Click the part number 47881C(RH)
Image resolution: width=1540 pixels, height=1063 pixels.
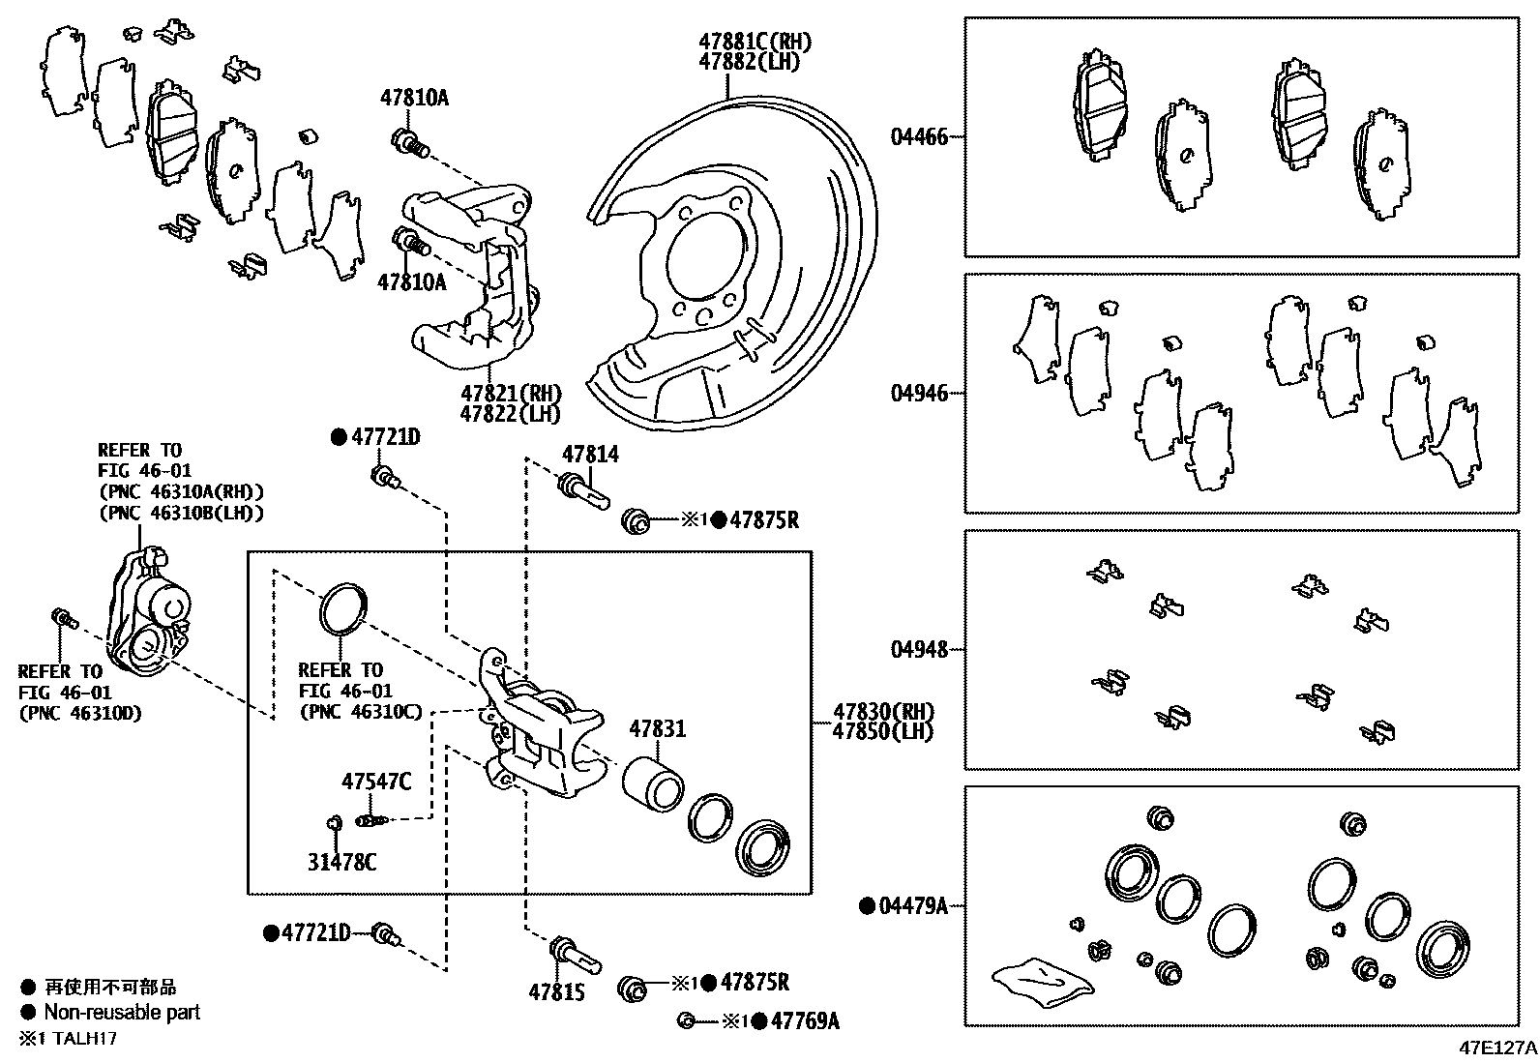(x=755, y=42)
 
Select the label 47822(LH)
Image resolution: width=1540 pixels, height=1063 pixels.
(x=511, y=414)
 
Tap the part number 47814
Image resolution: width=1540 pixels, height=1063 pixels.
(x=590, y=455)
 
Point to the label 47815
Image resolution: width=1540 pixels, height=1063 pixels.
(x=557, y=991)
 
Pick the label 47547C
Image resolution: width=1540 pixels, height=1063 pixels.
(x=375, y=781)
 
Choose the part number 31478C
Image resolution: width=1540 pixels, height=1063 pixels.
(x=341, y=861)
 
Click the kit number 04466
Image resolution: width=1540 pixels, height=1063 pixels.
(x=919, y=137)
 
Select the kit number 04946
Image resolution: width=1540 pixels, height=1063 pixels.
(x=919, y=394)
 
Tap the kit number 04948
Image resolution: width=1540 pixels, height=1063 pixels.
(x=919, y=649)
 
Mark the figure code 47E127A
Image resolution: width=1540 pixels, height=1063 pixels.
(x=1498, y=1048)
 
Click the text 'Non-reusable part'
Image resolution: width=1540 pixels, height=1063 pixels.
(x=122, y=1013)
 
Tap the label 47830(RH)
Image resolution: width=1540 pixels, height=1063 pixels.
(x=882, y=712)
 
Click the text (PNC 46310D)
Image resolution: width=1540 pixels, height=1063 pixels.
(x=79, y=713)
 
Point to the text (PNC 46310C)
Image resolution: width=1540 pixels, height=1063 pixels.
(x=361, y=712)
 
